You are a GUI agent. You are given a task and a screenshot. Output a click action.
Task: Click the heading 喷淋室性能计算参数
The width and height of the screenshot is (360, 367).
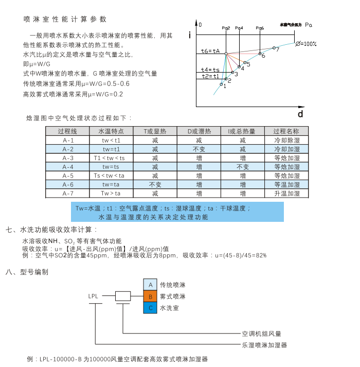tap(65, 20)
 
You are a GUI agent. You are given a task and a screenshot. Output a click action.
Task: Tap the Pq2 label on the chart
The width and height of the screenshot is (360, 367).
tap(226, 28)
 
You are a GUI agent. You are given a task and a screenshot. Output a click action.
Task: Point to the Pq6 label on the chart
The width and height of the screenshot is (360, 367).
tap(260, 28)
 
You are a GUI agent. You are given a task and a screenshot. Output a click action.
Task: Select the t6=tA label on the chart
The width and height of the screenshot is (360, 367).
tap(210, 51)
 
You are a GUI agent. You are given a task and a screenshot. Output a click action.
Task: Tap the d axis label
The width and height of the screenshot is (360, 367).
tap(300, 113)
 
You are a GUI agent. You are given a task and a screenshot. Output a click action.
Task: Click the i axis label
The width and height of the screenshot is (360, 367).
tap(190, 35)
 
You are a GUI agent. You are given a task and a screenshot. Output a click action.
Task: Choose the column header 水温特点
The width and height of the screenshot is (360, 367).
tap(112, 131)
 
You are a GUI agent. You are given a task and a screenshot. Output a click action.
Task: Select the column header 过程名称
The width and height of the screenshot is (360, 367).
tap(286, 131)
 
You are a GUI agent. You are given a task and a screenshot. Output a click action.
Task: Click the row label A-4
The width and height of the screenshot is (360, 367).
tap(68, 167)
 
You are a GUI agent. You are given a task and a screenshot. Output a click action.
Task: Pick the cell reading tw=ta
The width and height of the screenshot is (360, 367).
tap(112, 184)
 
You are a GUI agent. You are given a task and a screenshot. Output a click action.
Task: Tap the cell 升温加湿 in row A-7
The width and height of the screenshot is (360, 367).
tap(286, 194)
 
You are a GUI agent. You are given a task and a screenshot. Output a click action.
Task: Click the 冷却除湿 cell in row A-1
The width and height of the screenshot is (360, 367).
tap(286, 140)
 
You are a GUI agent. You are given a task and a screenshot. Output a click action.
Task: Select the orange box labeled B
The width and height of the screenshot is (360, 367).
tap(151, 296)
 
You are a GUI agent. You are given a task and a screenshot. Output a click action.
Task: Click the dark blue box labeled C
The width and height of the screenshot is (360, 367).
tap(151, 308)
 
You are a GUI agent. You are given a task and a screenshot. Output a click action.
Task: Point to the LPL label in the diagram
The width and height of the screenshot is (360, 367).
tap(93, 296)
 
